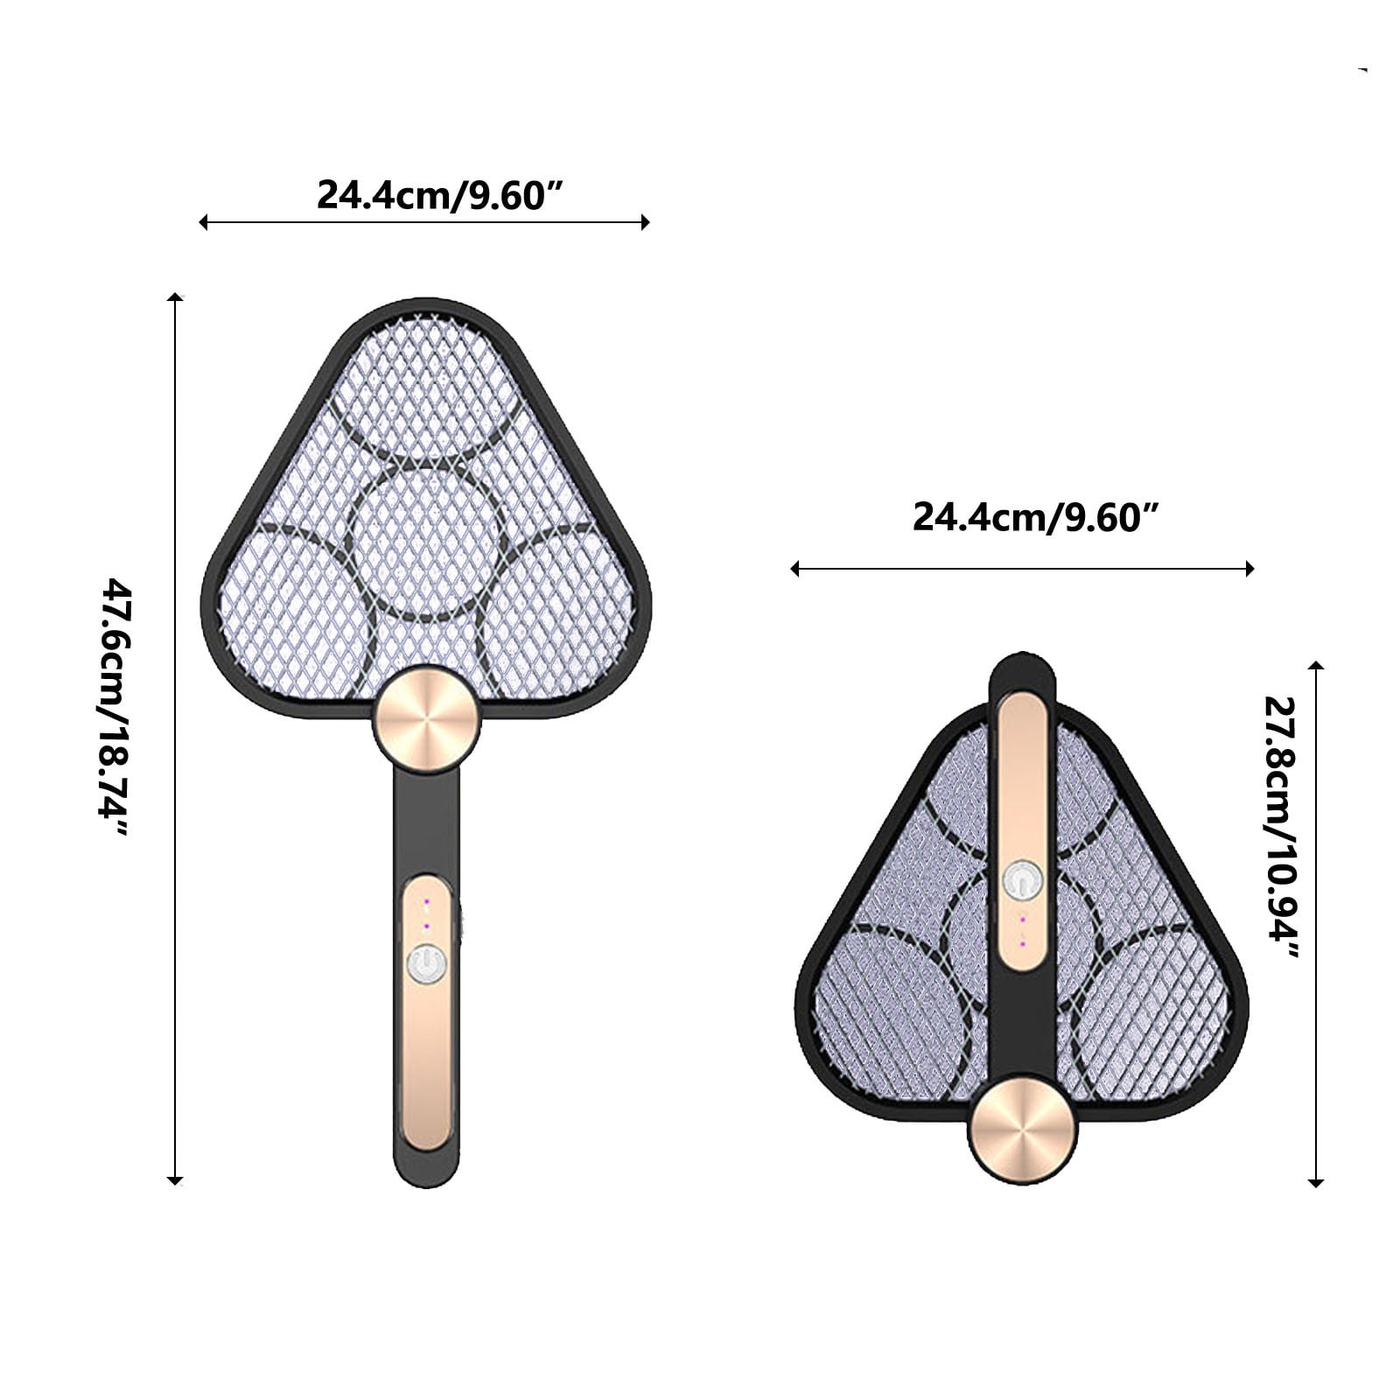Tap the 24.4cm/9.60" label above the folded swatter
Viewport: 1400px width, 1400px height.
point(1037,516)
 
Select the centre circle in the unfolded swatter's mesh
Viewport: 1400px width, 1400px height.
point(426,542)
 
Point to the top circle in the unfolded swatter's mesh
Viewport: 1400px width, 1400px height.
point(426,389)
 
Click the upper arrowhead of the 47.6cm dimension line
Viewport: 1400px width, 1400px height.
point(176,298)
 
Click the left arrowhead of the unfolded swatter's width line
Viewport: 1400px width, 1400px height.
point(204,222)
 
